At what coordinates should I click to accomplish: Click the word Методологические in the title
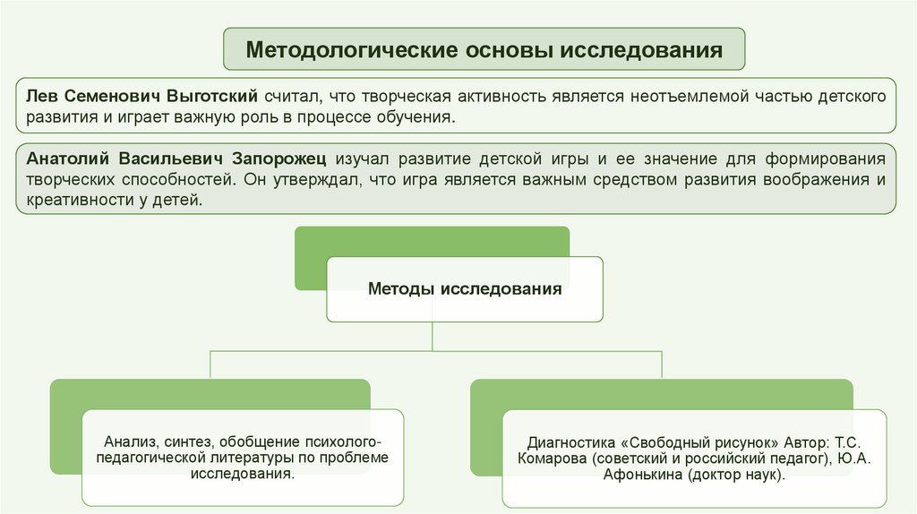tap(341, 49)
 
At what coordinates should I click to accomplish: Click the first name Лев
tap(41, 95)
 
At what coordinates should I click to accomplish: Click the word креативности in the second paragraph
tap(74, 201)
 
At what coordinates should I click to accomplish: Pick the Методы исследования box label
tap(465, 289)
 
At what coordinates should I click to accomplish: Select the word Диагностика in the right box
tap(570, 443)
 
